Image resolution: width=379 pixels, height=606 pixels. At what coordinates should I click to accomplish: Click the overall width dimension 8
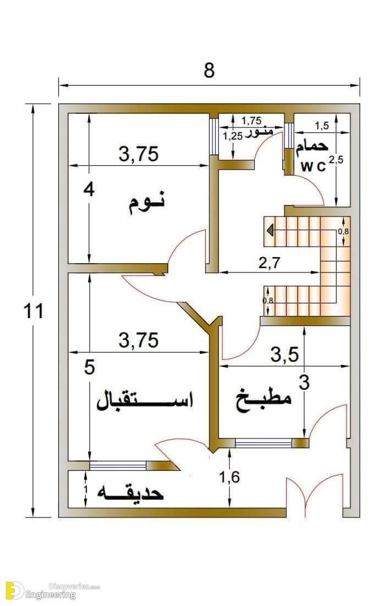[208, 70]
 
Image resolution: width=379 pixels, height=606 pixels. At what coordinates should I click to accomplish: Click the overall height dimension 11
[34, 311]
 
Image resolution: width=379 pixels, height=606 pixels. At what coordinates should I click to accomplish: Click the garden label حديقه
[130, 493]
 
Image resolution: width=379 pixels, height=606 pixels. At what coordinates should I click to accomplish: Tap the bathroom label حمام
[312, 147]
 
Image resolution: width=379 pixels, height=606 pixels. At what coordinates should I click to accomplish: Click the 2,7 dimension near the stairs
[270, 263]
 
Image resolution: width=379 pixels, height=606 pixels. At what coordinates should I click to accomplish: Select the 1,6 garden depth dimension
[229, 477]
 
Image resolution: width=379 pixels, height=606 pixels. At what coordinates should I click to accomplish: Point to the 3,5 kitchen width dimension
[284, 354]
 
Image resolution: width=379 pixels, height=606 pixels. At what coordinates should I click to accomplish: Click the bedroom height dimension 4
[89, 190]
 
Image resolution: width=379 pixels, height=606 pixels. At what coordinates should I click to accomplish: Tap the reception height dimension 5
[90, 367]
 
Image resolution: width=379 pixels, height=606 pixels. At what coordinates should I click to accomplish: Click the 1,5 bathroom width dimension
[322, 125]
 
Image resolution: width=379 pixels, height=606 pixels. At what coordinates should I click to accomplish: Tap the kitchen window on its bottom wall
[263, 443]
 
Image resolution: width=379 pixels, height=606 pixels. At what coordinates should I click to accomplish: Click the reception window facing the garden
[118, 465]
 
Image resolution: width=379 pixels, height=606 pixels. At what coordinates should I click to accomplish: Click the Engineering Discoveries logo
[53, 591]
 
